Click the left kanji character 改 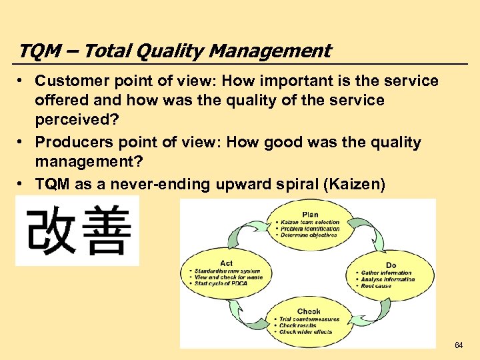pyautogui.click(x=49, y=231)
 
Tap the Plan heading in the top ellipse pyautogui.click(x=310, y=215)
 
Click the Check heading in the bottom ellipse pyautogui.click(x=309, y=311)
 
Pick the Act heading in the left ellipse pyautogui.click(x=226, y=263)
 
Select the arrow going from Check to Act pyautogui.click(x=243, y=311)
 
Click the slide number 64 pyautogui.click(x=458, y=345)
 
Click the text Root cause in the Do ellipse pyautogui.click(x=377, y=286)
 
